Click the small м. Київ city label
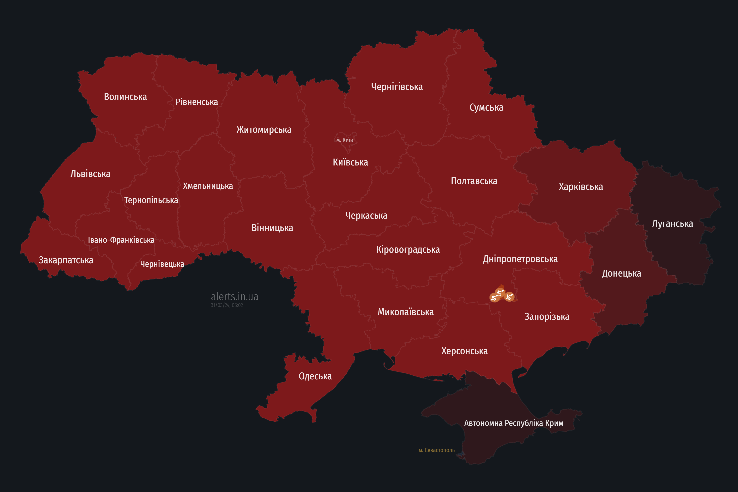click(345, 140)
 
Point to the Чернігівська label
click(397, 87)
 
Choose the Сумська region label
click(486, 107)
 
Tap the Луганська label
click(672, 223)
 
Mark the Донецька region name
click(621, 273)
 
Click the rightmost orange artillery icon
click(509, 297)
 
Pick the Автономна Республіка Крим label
click(514, 423)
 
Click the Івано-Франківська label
click(121, 240)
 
